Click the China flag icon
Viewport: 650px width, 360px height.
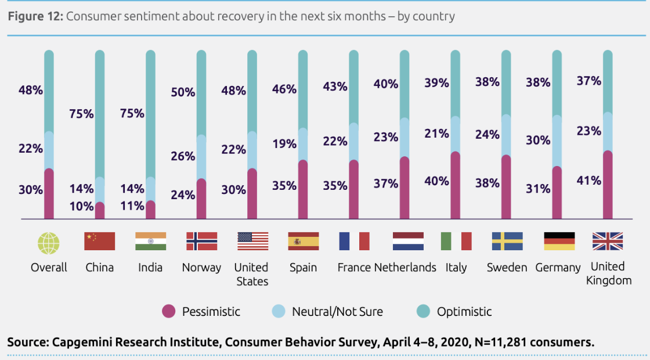point(100,241)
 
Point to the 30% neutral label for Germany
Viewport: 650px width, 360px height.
point(538,140)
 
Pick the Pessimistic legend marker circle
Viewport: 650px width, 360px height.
point(168,312)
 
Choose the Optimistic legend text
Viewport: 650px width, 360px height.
point(464,312)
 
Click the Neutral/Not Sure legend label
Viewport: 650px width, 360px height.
point(337,312)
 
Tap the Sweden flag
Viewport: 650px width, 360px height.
point(507,241)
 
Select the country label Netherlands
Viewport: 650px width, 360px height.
point(405,268)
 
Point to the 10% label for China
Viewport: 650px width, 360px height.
point(82,206)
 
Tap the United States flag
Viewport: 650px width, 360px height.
point(252,241)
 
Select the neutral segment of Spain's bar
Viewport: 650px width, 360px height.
point(303,144)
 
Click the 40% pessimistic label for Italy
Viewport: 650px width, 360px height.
point(436,181)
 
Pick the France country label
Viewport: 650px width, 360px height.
point(354,268)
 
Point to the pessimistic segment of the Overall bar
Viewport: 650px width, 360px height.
point(49,195)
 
